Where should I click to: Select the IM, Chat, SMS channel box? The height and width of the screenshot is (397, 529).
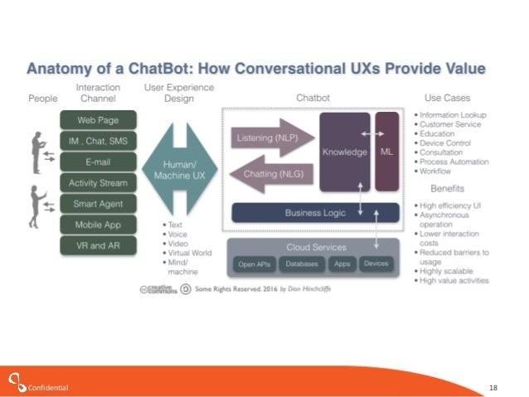[x=94, y=139]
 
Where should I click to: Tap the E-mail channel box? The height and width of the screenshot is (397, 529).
[x=94, y=160]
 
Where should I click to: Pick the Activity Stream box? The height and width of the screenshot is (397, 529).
[x=94, y=182]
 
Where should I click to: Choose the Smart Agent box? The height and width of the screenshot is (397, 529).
[x=94, y=202]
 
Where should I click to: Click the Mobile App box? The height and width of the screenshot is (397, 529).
[x=94, y=224]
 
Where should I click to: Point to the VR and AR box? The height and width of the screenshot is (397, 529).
[x=94, y=244]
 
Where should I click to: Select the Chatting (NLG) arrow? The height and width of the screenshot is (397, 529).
[x=270, y=173]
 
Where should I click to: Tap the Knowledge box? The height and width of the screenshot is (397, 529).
[x=345, y=151]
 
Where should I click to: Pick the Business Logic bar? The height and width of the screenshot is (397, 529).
[x=314, y=212]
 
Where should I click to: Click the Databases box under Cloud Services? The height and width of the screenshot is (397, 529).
[x=302, y=264]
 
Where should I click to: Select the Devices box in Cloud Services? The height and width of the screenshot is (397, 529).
[x=376, y=264]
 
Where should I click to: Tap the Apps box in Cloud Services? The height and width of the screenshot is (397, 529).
[x=342, y=264]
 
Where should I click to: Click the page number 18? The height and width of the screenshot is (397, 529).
[x=493, y=387]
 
